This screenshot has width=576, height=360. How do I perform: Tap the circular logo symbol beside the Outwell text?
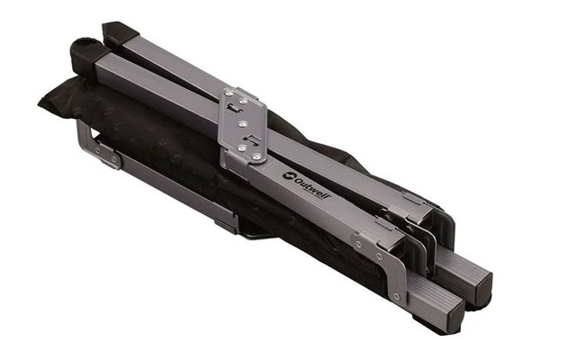289,175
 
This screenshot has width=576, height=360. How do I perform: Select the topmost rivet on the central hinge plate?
229,94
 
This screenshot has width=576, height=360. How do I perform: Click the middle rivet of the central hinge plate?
243,125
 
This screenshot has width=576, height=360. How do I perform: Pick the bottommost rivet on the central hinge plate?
257,157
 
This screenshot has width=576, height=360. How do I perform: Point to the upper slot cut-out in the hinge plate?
234,108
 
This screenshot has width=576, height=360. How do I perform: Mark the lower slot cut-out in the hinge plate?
251,139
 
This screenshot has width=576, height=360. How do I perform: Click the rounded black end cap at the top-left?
85,51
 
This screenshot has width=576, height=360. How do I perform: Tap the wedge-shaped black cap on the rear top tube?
119,32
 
